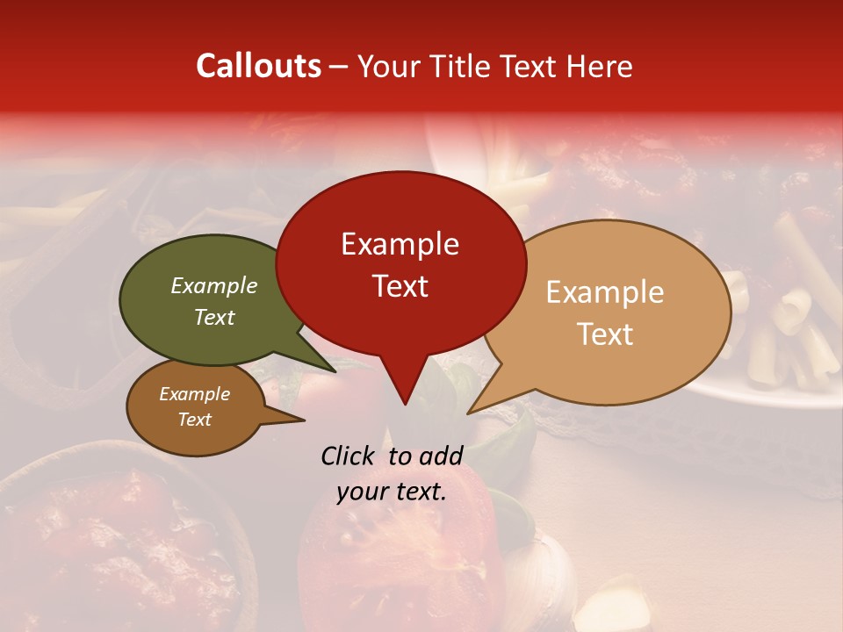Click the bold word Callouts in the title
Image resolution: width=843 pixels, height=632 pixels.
click(258, 66)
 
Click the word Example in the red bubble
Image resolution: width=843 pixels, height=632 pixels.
click(400, 244)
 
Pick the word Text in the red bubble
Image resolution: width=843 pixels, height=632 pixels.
click(400, 286)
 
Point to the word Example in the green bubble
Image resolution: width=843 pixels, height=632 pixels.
click(213, 286)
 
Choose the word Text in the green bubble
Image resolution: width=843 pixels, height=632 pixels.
click(213, 317)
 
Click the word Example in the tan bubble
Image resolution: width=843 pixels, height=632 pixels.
click(605, 292)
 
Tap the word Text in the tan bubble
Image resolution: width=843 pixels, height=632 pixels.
click(605, 334)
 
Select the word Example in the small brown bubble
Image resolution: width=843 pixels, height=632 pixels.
click(194, 394)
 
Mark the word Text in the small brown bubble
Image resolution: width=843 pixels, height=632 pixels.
click(194, 420)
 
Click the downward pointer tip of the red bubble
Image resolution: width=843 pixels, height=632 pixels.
click(405, 403)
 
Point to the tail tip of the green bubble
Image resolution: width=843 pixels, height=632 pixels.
click(334, 370)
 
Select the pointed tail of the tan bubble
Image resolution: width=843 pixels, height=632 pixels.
click(471, 411)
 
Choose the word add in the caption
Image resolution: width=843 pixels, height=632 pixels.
click(441, 456)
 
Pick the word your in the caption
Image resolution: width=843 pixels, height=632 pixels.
click(360, 492)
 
